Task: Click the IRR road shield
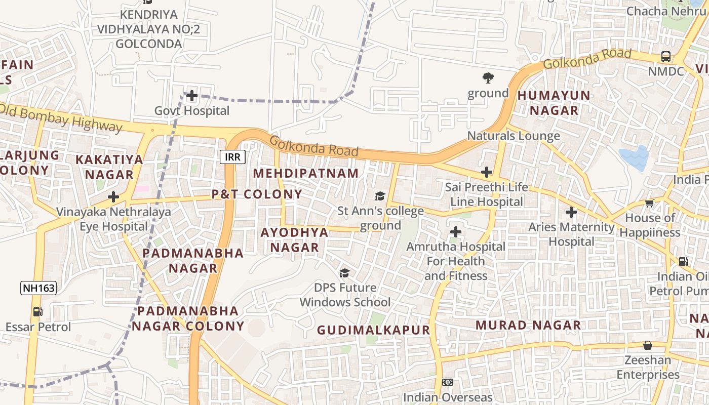click(233, 157)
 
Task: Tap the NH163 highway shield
click(38, 289)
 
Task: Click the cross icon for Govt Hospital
click(191, 95)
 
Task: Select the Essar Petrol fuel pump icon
click(37, 312)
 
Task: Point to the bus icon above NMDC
click(666, 57)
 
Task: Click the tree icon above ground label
click(488, 78)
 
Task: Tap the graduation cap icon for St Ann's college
click(379, 196)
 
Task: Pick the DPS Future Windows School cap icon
click(344, 273)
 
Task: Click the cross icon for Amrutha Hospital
click(456, 232)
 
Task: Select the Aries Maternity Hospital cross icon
click(571, 212)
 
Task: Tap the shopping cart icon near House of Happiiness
click(649, 203)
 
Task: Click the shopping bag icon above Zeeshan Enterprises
click(647, 345)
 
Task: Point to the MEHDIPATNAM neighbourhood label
click(306, 173)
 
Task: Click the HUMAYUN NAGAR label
click(554, 103)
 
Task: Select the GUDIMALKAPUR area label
click(373, 330)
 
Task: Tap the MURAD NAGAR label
click(528, 325)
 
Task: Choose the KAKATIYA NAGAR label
click(109, 167)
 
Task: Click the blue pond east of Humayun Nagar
click(635, 158)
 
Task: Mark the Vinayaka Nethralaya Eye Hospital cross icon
click(113, 197)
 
